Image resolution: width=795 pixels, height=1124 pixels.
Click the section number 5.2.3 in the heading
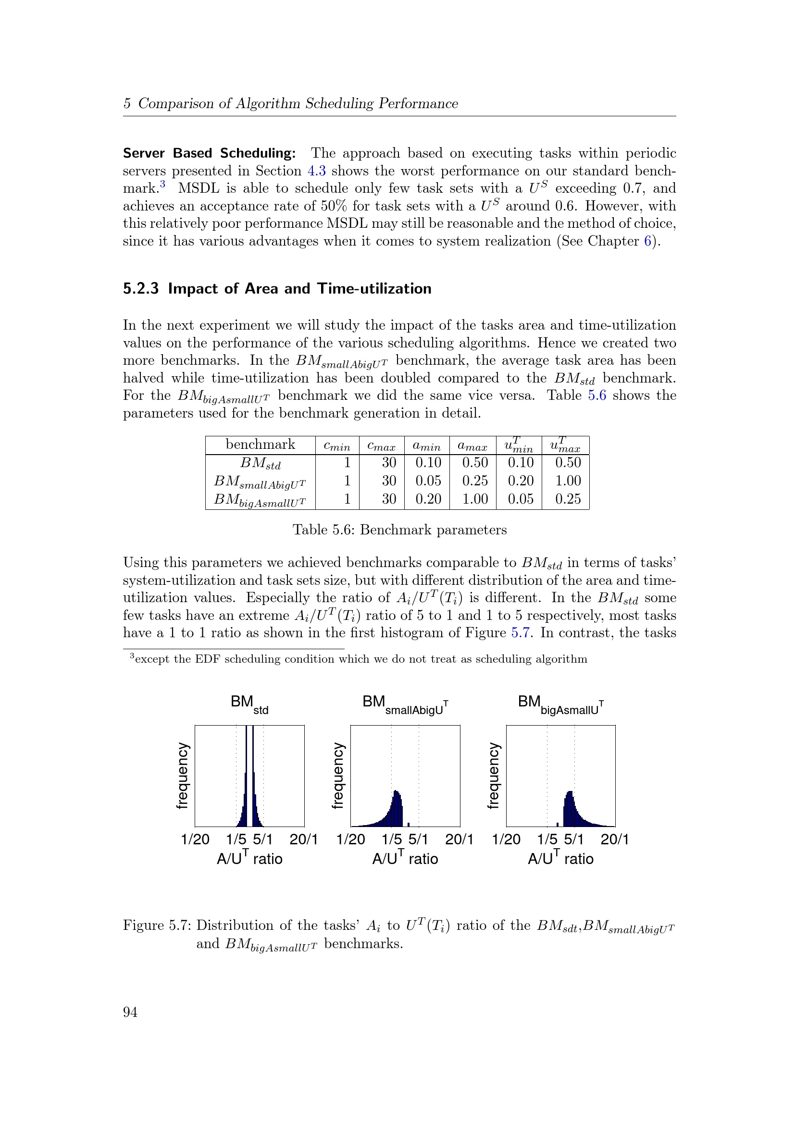[x=140, y=289]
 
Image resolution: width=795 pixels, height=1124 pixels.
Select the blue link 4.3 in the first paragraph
[x=316, y=171]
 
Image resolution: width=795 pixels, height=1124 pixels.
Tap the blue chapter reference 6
[x=647, y=241]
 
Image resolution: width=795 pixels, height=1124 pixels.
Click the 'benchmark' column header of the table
[x=260, y=445]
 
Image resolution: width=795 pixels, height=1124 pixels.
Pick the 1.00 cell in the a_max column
[x=475, y=499]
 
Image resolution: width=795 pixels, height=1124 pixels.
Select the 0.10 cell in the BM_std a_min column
[x=428, y=463]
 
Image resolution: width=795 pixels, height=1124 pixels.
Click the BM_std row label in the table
[x=260, y=463]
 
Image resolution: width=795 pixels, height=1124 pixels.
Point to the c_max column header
[x=381, y=446]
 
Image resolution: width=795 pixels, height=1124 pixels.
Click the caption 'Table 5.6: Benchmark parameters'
[x=399, y=530]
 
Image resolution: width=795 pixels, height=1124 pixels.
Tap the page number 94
[x=130, y=1012]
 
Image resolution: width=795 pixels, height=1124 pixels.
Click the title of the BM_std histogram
[x=249, y=704]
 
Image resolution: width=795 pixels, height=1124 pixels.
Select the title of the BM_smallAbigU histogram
[x=405, y=704]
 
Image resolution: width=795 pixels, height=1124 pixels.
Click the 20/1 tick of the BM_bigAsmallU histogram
[x=614, y=839]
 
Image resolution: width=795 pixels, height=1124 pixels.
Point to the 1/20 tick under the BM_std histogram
[x=195, y=839]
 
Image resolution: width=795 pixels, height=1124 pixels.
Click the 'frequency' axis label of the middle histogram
[x=338, y=776]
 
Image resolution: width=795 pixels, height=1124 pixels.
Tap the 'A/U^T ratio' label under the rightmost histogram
[x=560, y=858]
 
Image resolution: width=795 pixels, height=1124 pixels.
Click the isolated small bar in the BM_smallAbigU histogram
[x=408, y=825]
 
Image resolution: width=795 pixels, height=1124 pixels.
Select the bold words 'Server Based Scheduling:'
[x=209, y=153]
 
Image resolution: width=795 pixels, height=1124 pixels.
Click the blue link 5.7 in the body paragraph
[x=521, y=633]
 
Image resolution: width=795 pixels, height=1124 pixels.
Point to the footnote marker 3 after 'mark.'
[x=162, y=184]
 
